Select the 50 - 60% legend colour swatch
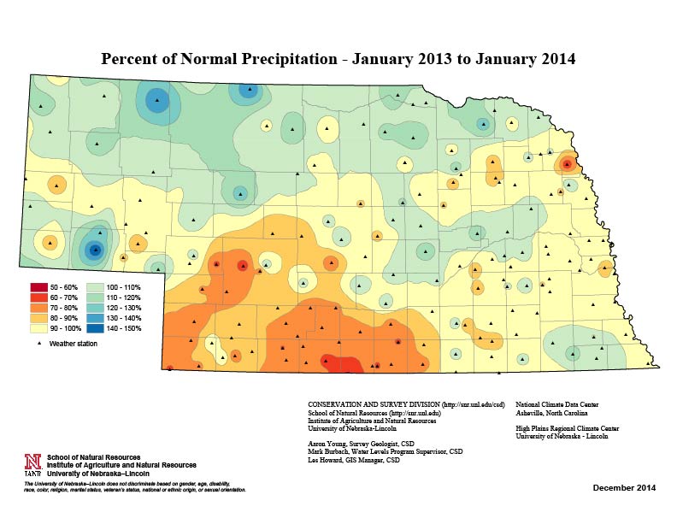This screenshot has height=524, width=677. [38, 286]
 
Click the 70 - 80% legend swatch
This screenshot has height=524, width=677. [38, 306]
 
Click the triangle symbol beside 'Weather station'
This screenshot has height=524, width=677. [38, 344]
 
